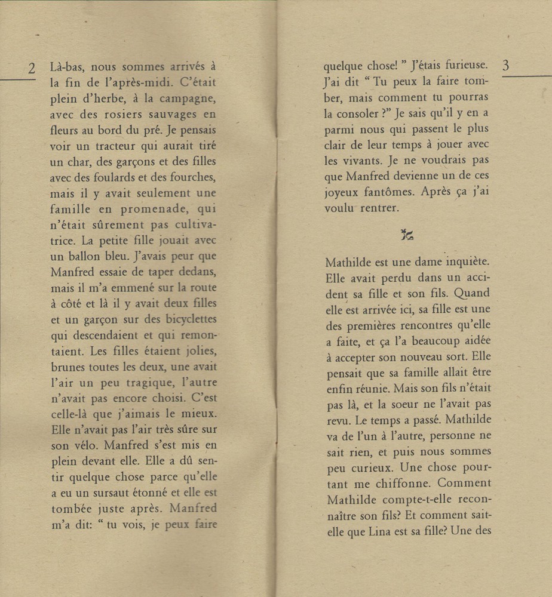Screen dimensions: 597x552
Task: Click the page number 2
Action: coord(32,68)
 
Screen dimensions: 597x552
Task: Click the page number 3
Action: coord(505,66)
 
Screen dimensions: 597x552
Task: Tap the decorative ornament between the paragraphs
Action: coord(407,235)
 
